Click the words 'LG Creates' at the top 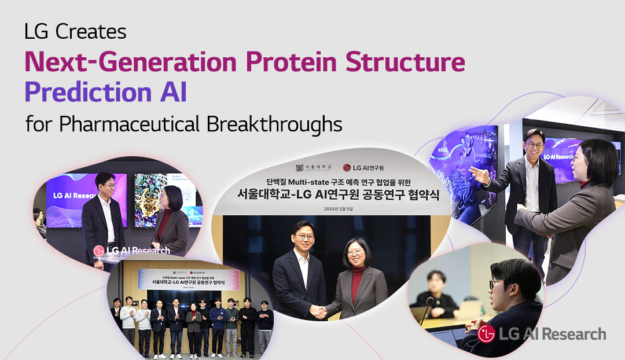pos(75,32)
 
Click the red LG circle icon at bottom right pos(487,334)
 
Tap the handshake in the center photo pos(318,311)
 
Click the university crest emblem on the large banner pos(299,168)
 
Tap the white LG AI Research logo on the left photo pos(132,251)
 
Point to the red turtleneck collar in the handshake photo pos(358,271)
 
